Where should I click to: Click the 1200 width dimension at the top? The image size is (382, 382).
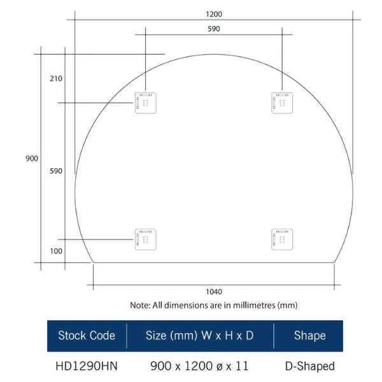pos(214,13)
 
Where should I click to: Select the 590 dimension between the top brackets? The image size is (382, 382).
pos(214,29)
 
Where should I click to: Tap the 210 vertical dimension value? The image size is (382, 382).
pos(55,79)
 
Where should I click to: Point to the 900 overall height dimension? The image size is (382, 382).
pos(32,159)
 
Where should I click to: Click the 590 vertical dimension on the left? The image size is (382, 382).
pos(55,171)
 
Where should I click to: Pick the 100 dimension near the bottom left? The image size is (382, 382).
pos(55,251)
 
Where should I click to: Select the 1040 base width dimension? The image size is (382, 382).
pos(214,292)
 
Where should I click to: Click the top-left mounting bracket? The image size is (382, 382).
pos(145,103)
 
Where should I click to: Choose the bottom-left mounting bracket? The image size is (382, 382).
pos(145,239)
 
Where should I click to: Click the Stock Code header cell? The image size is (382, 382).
pos(87,336)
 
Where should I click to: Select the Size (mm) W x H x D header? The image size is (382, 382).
pos(199,336)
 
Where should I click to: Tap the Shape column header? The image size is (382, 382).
pos(309,336)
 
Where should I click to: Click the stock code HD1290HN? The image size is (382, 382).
pos(87,366)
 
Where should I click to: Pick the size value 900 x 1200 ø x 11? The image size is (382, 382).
pos(199,366)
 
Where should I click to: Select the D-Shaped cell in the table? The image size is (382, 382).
pos(309,366)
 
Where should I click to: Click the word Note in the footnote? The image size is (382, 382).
pos(139,306)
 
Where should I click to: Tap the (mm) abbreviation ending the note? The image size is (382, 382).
pos(288,306)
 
